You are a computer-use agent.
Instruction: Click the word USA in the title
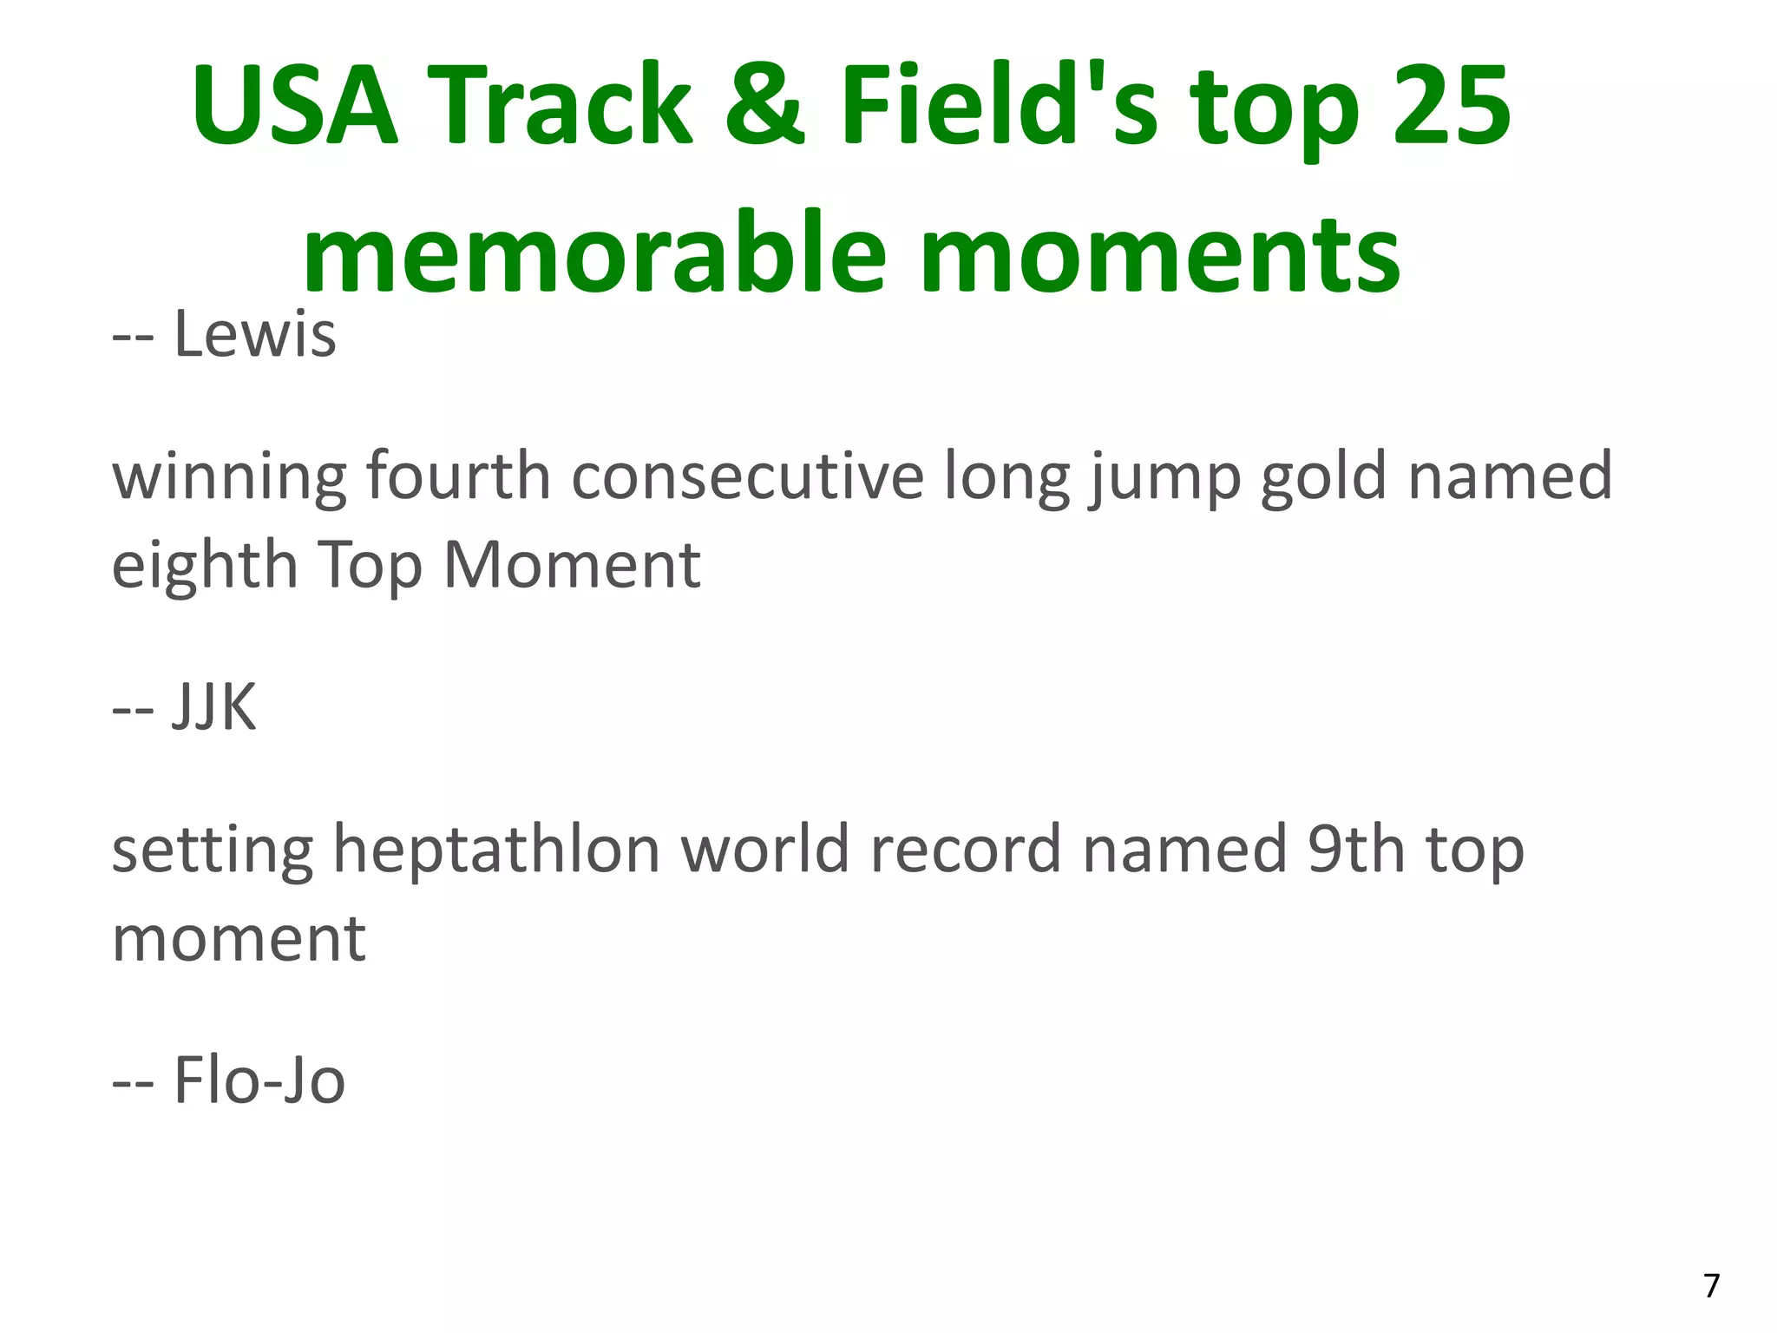pyautogui.click(x=295, y=106)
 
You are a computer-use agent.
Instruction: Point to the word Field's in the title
pyautogui.click(x=999, y=106)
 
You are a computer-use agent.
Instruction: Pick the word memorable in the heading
pyautogui.click(x=594, y=254)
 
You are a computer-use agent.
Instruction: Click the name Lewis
pyautogui.click(x=255, y=334)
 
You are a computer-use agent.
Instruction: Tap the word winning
pyautogui.click(x=229, y=476)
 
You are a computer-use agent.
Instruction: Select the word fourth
pyautogui.click(x=458, y=476)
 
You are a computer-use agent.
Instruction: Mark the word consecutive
pyautogui.click(x=747, y=476)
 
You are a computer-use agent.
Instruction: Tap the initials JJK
pyautogui.click(x=214, y=707)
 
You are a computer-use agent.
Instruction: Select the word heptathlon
pyautogui.click(x=496, y=850)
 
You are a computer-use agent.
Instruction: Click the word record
pyautogui.click(x=966, y=850)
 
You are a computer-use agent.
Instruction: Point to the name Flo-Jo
pyautogui.click(x=259, y=1080)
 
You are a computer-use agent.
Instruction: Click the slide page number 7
pyautogui.click(x=1711, y=1285)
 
